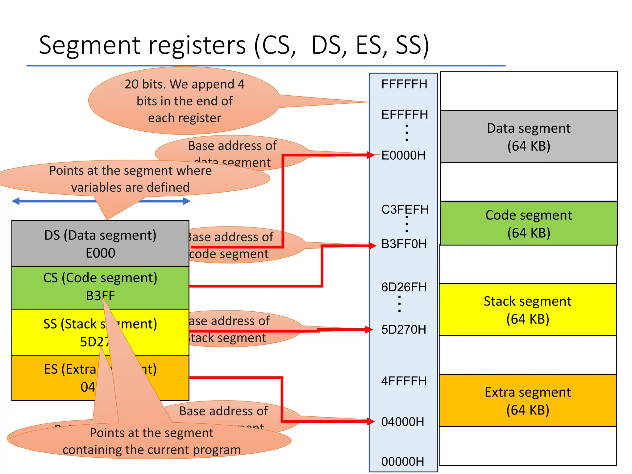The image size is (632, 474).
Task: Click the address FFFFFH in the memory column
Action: [x=404, y=84]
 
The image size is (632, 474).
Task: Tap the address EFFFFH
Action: [x=405, y=115]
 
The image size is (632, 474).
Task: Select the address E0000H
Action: [x=403, y=156]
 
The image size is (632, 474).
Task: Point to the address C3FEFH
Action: [x=405, y=210]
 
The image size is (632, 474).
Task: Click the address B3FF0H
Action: [x=404, y=244]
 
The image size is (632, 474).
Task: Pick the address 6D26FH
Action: [x=404, y=287]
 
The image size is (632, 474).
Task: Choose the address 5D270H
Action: [x=403, y=330]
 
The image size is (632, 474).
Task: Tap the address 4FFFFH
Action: [x=404, y=381]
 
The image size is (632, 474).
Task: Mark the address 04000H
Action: [x=403, y=422]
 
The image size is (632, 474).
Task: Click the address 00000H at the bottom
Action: [x=403, y=462]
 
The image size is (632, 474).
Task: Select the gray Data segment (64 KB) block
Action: [x=528, y=137]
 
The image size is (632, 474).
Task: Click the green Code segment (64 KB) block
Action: [x=528, y=224]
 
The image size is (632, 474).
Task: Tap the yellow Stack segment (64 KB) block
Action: [x=527, y=310]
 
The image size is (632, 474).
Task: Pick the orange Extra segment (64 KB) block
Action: [x=527, y=401]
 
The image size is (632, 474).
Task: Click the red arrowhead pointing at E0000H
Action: [x=371, y=155]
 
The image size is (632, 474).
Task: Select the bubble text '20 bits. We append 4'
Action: [x=185, y=84]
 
